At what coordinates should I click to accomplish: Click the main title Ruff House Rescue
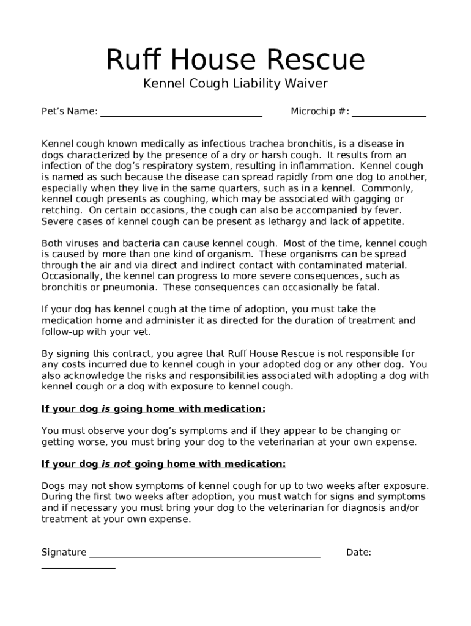point(235,60)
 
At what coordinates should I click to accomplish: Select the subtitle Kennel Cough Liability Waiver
point(235,84)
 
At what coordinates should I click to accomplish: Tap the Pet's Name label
point(69,111)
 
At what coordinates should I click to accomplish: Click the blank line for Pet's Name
point(181,114)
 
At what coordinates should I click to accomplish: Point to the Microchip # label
point(319,111)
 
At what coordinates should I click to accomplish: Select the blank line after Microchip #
point(388,114)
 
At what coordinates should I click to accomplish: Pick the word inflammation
point(324,166)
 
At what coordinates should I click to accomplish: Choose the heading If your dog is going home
point(153,408)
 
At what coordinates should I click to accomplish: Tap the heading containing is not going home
point(163,464)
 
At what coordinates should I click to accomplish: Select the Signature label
point(64,553)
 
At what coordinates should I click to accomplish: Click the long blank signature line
point(205,555)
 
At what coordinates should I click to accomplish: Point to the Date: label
point(358,553)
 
